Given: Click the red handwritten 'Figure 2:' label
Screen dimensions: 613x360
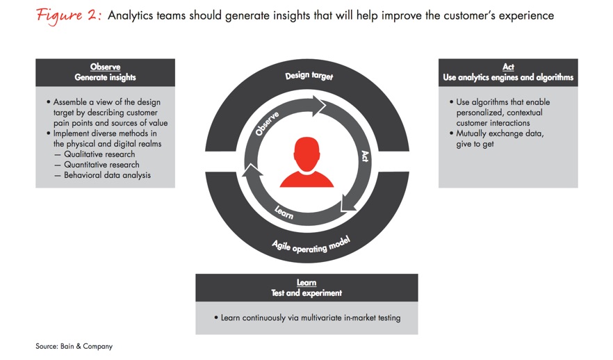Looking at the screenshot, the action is (x=69, y=16).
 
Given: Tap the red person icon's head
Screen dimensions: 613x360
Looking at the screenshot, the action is (x=307, y=154).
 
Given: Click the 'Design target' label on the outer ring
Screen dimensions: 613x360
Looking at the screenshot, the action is (x=309, y=76).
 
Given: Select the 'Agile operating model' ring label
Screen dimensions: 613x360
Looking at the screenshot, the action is (x=311, y=245).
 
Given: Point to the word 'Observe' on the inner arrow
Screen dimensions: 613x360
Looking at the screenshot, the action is (x=267, y=124).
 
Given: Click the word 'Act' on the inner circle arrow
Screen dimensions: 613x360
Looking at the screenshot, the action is (x=364, y=156).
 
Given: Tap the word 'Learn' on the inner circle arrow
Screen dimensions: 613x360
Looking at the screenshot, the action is (x=284, y=212).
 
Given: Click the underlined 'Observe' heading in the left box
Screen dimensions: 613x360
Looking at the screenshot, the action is (x=105, y=67).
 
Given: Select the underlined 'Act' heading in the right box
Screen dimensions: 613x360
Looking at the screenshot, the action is (x=508, y=67).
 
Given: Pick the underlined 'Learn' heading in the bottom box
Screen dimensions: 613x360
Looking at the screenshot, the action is (x=306, y=282).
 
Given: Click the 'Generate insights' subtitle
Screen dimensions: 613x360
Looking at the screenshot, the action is (x=105, y=77).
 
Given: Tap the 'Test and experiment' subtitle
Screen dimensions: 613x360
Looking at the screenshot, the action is (x=306, y=293).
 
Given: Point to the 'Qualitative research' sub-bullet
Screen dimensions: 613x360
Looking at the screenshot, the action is (x=99, y=154).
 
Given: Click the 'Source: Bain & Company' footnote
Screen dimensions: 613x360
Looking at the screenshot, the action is (x=74, y=346).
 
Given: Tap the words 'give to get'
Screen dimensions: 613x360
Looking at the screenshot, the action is (x=475, y=144).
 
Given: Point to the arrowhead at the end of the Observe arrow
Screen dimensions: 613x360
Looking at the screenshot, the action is (x=319, y=106).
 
